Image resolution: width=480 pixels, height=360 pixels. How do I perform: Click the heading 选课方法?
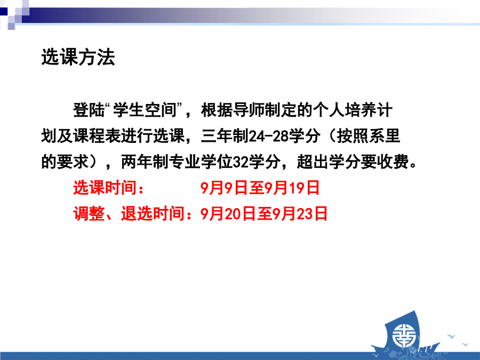pos(78,57)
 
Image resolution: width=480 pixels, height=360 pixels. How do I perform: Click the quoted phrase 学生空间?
pos(145,110)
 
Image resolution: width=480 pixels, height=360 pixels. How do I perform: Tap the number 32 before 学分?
pos(241,162)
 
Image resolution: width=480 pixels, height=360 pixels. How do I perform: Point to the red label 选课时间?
pos(105,188)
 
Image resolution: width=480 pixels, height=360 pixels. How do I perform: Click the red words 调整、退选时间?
pos(129,214)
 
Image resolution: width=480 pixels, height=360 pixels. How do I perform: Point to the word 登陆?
pos(89,110)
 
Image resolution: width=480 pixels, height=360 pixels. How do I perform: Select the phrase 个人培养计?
pos(353,110)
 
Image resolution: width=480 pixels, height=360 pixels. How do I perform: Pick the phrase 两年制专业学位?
pos(177,162)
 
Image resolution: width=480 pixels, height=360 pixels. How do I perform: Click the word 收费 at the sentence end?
pos(393,162)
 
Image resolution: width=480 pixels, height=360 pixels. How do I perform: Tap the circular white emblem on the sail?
pos(404,336)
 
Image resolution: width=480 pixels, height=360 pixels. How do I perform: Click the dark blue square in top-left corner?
pos(4,12)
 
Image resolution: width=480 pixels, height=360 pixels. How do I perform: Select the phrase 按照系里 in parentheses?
pos(368,136)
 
